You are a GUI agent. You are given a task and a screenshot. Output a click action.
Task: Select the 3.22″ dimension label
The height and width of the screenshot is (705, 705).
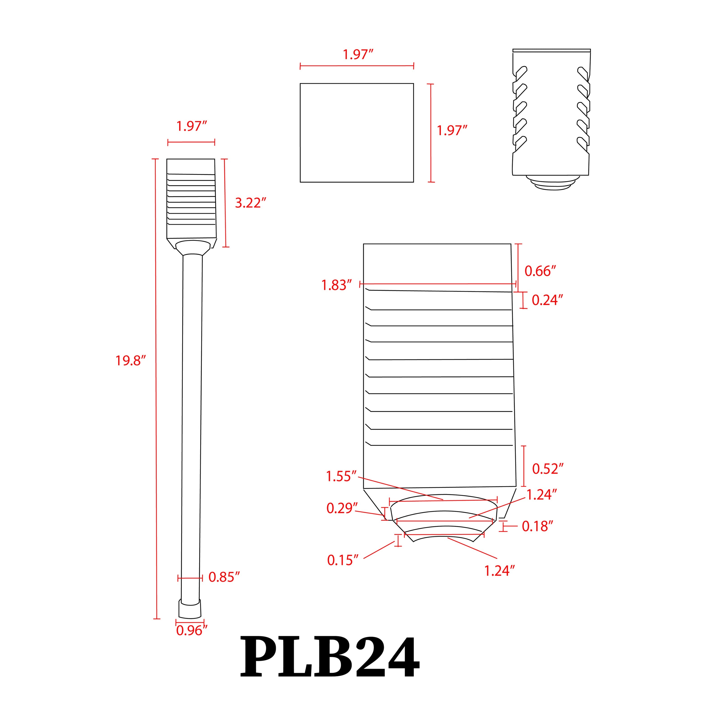[250, 203]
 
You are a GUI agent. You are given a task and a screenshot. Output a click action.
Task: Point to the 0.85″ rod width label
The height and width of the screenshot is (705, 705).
[224, 577]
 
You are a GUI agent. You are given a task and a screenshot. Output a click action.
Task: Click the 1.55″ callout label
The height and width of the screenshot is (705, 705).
[341, 476]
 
